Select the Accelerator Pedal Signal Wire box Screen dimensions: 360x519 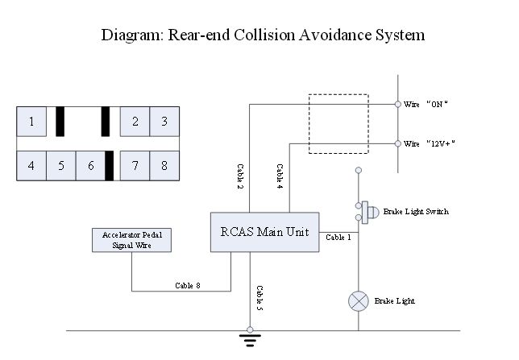point(132,239)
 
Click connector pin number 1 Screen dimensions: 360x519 point(31,122)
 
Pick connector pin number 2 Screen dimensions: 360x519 point(135,122)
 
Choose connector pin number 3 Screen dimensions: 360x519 point(164,122)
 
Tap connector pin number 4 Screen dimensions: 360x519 point(31,165)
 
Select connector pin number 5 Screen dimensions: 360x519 point(60,165)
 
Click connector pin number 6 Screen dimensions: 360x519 point(90,165)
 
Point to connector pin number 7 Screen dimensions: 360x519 point(135,165)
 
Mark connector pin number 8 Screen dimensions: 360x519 point(164,165)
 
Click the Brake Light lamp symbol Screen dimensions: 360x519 point(357,301)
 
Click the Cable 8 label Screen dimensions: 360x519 point(189,284)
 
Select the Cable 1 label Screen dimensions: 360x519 point(338,238)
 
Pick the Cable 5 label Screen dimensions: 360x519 point(259,299)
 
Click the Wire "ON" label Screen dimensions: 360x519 point(426,105)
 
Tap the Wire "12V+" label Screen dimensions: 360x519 point(430,143)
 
